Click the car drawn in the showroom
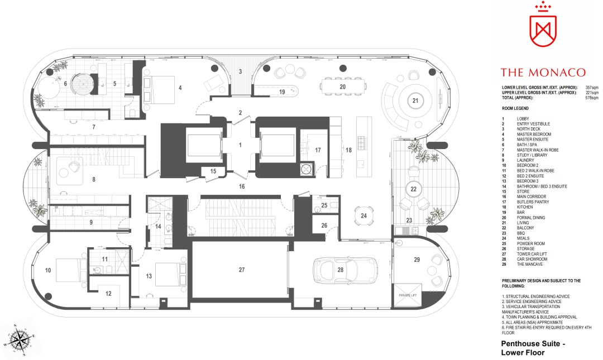point(345,270)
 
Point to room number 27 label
point(242,270)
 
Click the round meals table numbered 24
point(363,216)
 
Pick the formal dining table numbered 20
point(343,87)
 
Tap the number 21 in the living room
point(415,100)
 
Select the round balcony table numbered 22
point(413,189)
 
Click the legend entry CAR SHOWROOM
point(532,259)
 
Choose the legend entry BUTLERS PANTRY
point(533,202)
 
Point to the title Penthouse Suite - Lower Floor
point(533,348)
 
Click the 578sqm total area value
point(592,98)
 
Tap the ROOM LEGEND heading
point(515,108)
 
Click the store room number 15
point(213,171)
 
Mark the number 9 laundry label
point(91,222)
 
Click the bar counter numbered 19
point(276,91)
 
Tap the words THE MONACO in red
point(543,73)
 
